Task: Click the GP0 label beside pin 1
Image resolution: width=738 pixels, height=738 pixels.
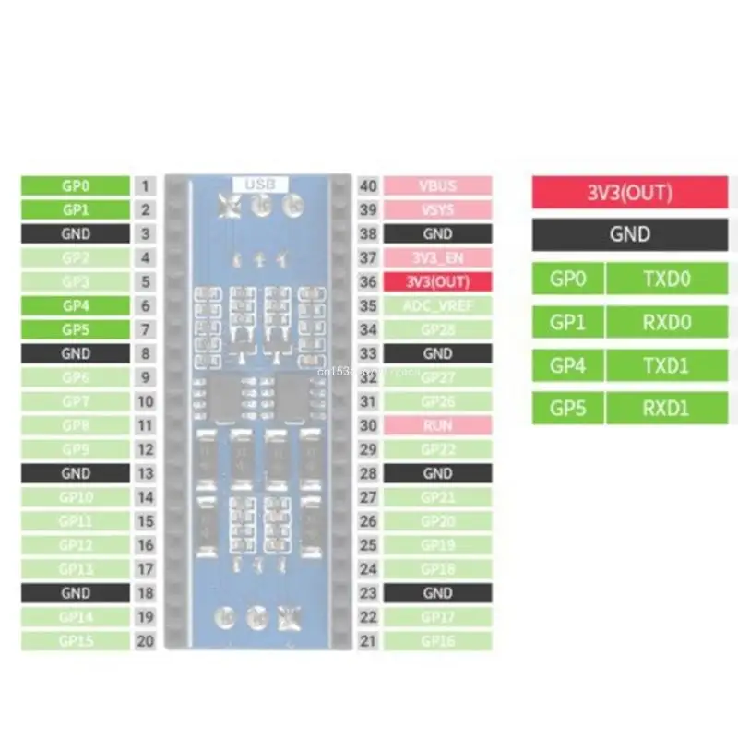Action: point(76,185)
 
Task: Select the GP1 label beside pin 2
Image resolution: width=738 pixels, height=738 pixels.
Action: point(76,209)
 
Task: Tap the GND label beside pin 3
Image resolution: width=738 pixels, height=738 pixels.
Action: point(76,233)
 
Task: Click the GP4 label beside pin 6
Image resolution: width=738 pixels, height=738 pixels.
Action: point(76,305)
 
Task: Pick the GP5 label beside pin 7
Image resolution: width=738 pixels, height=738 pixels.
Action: point(76,329)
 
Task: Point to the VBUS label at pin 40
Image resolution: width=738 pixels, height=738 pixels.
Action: point(437,185)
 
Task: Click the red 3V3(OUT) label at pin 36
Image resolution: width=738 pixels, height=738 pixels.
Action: point(437,281)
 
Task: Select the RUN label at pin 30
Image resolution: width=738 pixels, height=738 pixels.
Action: point(437,425)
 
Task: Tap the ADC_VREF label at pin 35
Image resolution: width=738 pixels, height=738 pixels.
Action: point(437,305)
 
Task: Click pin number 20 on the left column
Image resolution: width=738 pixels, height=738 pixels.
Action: point(145,641)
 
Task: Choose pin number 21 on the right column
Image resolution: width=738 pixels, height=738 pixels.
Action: point(368,641)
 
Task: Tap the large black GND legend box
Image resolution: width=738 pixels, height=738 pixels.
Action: point(630,234)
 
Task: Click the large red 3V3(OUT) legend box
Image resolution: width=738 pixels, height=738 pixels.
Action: point(630,193)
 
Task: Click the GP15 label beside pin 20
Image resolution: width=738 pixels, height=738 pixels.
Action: point(76,641)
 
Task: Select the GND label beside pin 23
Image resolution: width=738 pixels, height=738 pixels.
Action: point(437,593)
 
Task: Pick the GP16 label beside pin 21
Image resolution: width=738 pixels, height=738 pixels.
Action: point(437,641)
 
